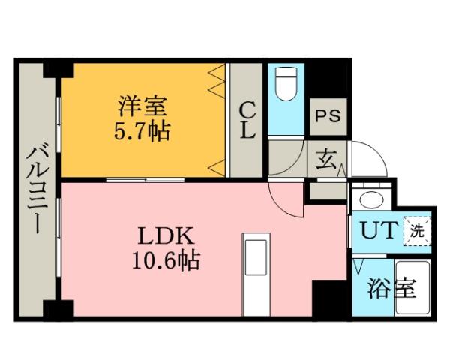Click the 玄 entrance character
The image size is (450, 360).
tap(326, 159)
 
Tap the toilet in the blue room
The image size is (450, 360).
tap(286, 84)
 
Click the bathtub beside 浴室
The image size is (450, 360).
tap(413, 289)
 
